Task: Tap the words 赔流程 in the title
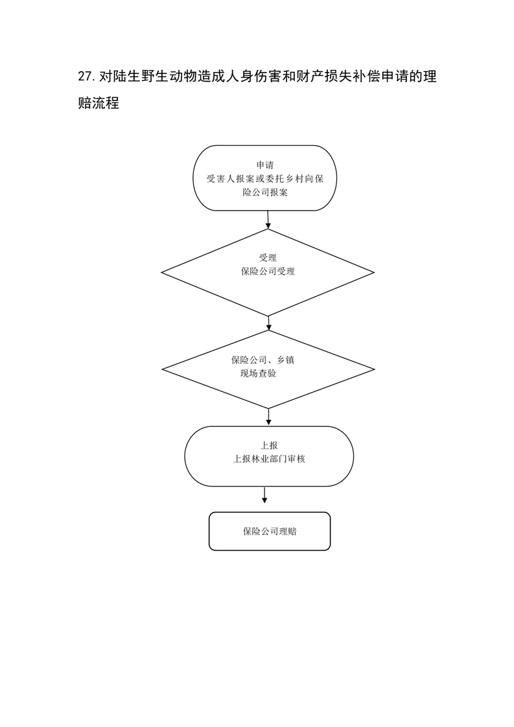[x=99, y=103]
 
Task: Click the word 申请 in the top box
[x=265, y=165]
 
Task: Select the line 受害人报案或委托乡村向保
[x=265, y=178]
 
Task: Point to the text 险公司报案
[x=265, y=192]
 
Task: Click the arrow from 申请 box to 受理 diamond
[x=268, y=220]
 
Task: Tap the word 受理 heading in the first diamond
[x=268, y=258]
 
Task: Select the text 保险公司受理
[x=268, y=271]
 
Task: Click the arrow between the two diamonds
[x=268, y=323]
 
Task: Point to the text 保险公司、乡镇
[x=263, y=360]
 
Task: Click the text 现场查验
[x=258, y=373]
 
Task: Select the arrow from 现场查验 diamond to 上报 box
[x=268, y=417]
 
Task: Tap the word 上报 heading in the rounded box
[x=269, y=446]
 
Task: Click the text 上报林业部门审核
[x=269, y=459]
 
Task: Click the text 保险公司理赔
[x=270, y=531]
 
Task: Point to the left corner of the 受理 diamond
[x=161, y=273]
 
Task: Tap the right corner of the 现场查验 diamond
[x=375, y=369]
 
